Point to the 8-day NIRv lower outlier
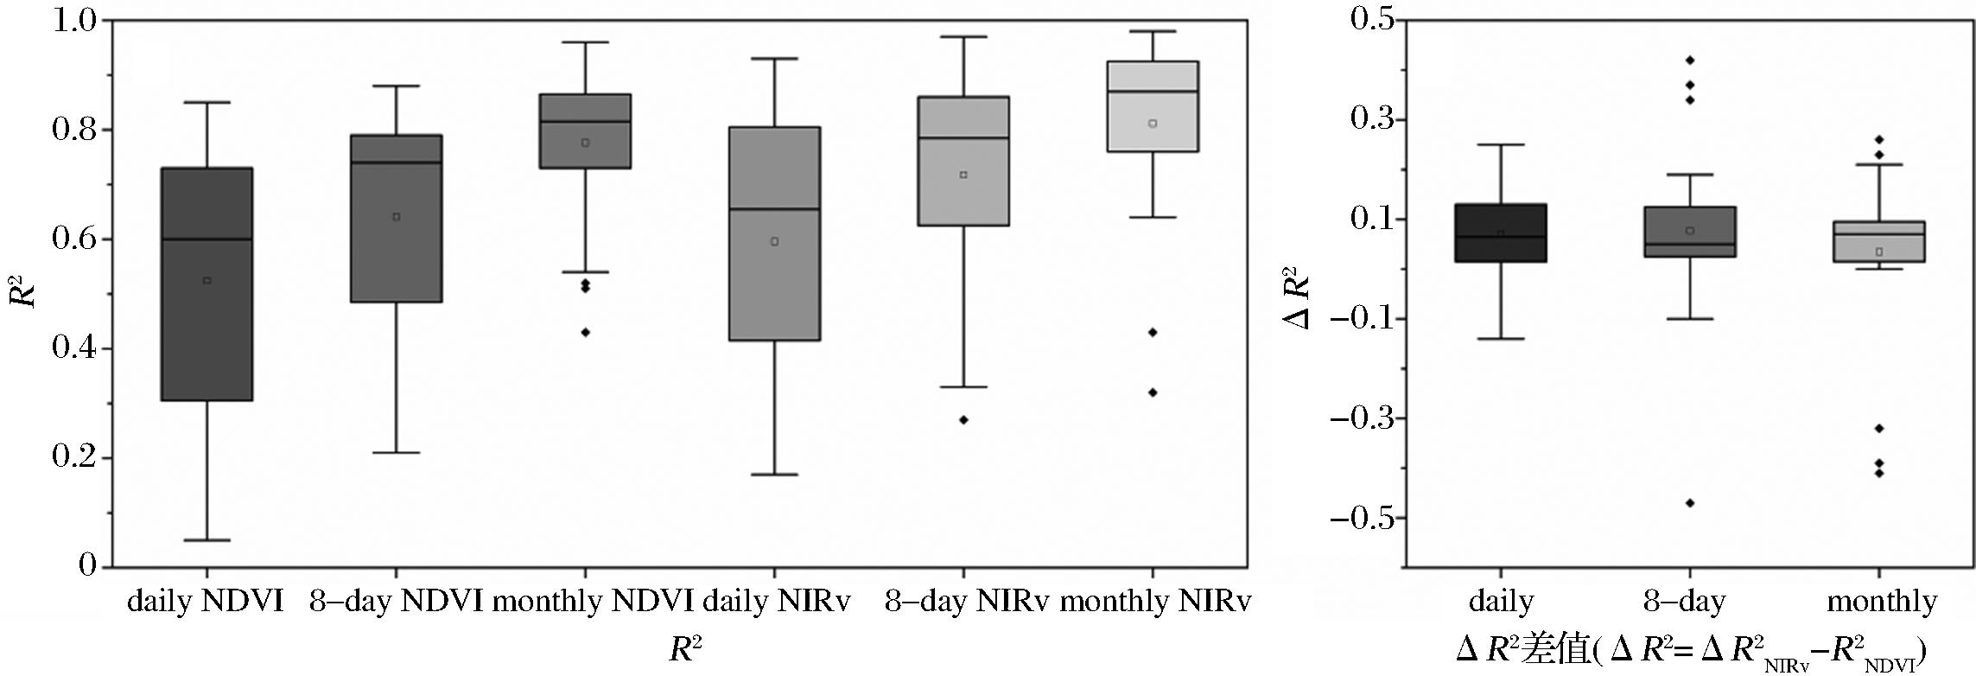pyautogui.click(x=963, y=420)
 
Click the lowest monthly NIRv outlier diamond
pyautogui.click(x=1153, y=392)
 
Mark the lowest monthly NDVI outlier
pyautogui.click(x=585, y=332)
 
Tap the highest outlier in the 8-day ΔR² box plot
pyautogui.click(x=1690, y=61)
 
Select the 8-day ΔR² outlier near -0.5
pyautogui.click(x=1690, y=503)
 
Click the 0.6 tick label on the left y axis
pyautogui.click(x=74, y=239)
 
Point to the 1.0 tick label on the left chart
pyautogui.click(x=74, y=21)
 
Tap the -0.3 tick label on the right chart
pyautogui.click(x=1360, y=419)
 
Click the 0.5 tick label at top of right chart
pyautogui.click(x=1372, y=21)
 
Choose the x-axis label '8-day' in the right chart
pyautogui.click(x=1684, y=602)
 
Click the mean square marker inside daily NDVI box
pyautogui.click(x=207, y=280)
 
